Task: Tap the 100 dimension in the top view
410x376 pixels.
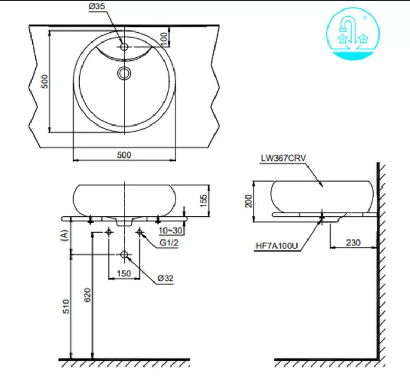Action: pos(164,38)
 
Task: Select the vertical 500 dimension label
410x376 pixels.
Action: pos(45,81)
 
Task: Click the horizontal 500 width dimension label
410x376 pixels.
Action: pos(124,154)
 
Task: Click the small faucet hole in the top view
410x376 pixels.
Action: pos(124,47)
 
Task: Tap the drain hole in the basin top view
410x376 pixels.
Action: pos(124,73)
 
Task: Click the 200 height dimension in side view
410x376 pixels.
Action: pos(249,201)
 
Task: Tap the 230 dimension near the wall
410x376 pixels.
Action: pos(354,242)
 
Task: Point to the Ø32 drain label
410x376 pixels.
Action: pos(166,279)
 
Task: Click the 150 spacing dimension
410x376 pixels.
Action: pos(124,273)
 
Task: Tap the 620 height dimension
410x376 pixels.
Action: pos(88,297)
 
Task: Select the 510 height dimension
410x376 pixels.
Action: pos(65,307)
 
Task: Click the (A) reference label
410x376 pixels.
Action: pos(64,235)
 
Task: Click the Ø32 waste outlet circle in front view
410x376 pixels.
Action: pos(124,255)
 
